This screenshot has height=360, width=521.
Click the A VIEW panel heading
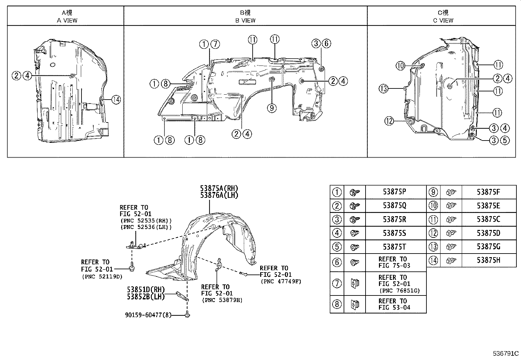67,16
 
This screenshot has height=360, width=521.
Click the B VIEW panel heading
245,16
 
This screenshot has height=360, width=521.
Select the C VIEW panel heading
443,16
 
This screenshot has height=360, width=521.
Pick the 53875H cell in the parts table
488,260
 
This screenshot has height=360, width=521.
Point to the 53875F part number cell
488,192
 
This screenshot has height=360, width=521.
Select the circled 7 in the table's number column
337,283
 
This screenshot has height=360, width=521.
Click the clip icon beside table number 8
354,304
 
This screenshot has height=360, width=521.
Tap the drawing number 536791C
506,353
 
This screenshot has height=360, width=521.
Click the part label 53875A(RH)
219,188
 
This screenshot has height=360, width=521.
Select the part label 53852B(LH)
146,296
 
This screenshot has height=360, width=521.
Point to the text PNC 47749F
281,281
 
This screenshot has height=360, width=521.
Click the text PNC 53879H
222,300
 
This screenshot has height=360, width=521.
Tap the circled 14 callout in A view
116,99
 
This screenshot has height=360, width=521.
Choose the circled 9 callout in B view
272,107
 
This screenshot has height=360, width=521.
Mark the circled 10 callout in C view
401,66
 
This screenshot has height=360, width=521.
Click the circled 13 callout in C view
384,88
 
